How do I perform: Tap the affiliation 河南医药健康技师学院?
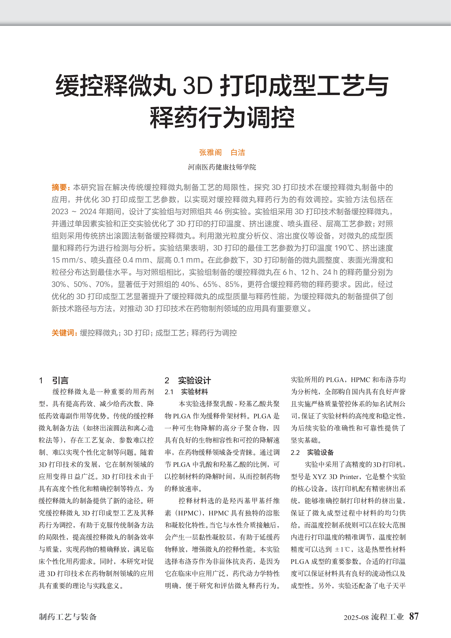click(222, 167)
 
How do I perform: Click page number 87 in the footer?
click(414, 616)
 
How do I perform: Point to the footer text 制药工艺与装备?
click(68, 617)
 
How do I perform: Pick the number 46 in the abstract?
click(218, 212)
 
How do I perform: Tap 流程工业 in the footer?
click(387, 617)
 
